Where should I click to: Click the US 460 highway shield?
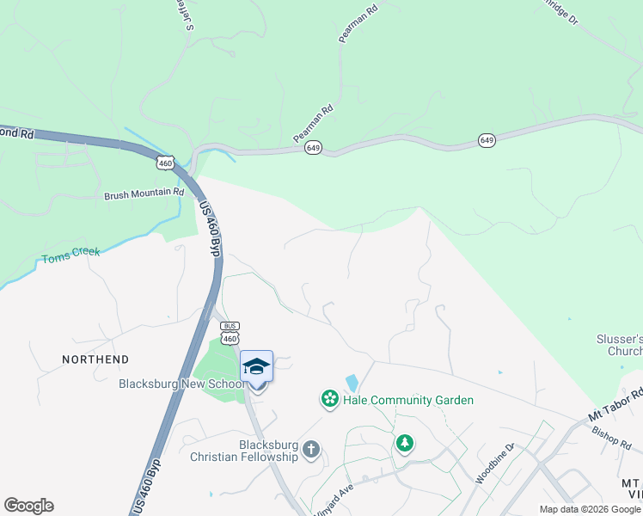pyautogui.click(x=166, y=161)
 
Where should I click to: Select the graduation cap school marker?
pyautogui.click(x=256, y=367)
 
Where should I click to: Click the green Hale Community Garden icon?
pyautogui.click(x=328, y=399)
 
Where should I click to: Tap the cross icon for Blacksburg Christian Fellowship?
pyautogui.click(x=311, y=449)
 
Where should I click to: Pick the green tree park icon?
pyautogui.click(x=404, y=443)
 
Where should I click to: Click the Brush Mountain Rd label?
pyautogui.click(x=144, y=194)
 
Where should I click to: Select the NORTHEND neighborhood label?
pyautogui.click(x=95, y=359)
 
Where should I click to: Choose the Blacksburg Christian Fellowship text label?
pyautogui.click(x=256, y=451)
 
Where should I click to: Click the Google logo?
pyautogui.click(x=28, y=506)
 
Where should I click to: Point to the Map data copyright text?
pyautogui.click(x=590, y=509)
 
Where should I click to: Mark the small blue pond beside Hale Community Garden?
pyautogui.click(x=352, y=383)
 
